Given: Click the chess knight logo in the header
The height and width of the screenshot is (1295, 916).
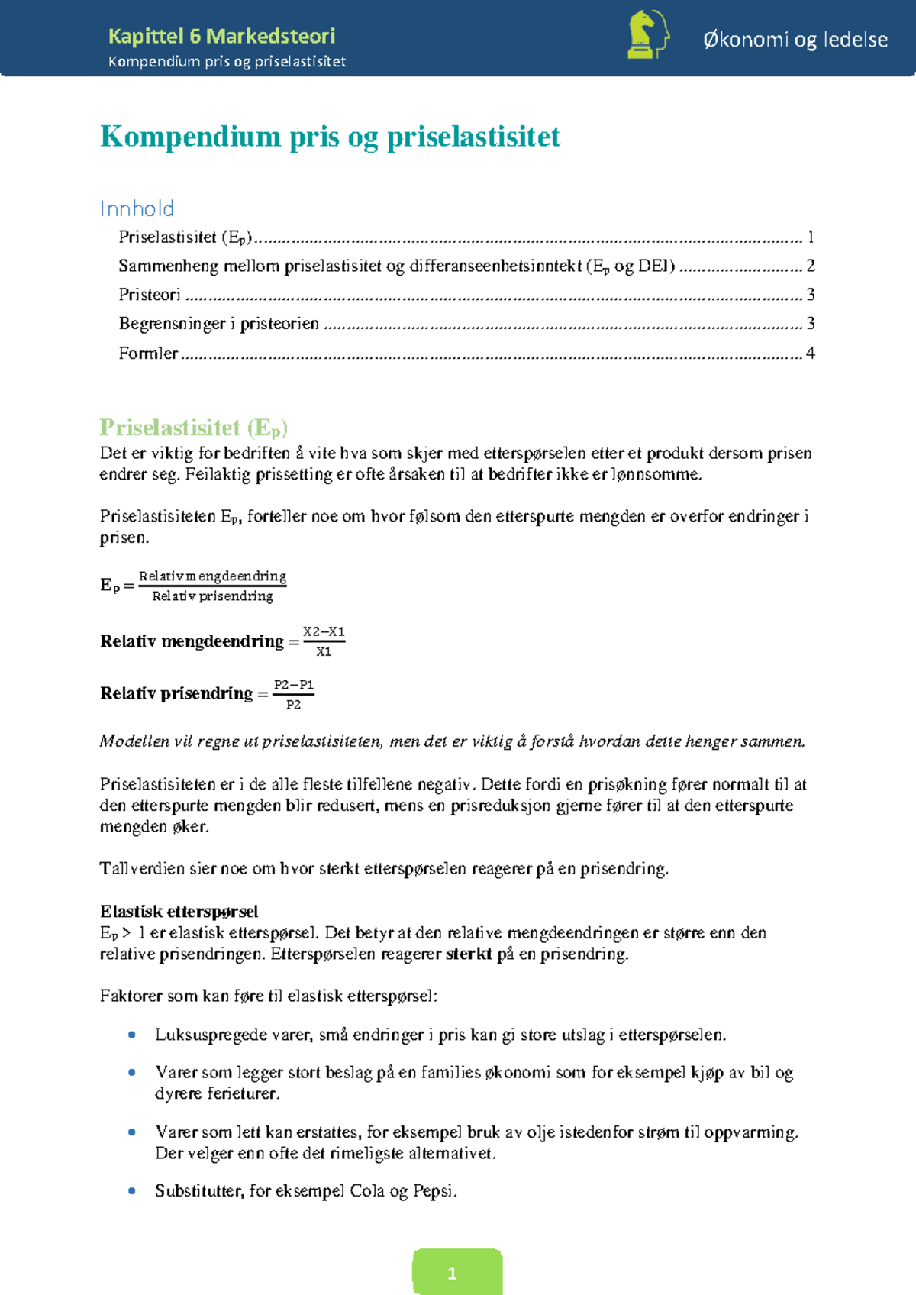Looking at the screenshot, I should point(647,34).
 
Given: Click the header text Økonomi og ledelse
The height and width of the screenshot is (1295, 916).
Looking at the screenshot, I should point(795,40).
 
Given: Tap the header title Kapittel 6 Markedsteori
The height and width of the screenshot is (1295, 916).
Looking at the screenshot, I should point(221,36).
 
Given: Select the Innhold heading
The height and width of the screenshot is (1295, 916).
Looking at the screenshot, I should point(137,208).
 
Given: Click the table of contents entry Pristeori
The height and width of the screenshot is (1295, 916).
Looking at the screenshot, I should point(150,295).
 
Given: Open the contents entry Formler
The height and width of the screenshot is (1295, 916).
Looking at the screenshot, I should point(148,353).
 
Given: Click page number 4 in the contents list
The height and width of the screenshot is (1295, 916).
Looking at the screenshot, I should point(810,353).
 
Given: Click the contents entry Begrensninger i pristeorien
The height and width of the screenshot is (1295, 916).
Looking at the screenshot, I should point(218,324).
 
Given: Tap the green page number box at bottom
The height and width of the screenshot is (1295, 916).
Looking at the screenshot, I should point(456,1272).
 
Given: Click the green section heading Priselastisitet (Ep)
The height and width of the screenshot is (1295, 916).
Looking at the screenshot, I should point(193,427).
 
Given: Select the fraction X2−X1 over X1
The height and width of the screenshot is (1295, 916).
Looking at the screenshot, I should point(324,641).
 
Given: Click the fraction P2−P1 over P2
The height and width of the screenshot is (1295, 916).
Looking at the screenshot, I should point(294,694).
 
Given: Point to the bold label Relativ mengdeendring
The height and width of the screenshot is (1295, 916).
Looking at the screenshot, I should point(192,641).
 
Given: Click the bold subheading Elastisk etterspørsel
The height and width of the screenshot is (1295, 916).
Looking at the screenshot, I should point(179,911).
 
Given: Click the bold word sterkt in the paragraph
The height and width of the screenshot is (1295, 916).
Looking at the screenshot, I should point(468,954).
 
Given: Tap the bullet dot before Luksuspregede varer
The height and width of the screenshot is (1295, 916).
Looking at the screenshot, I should point(132,1035).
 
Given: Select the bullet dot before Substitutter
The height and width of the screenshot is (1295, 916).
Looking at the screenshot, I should point(132,1190).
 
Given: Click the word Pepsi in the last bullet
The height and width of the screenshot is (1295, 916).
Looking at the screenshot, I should point(433,1190).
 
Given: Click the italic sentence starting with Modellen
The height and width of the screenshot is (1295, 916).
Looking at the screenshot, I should point(452,741).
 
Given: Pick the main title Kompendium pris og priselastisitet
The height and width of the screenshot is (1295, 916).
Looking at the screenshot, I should point(330,137).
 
